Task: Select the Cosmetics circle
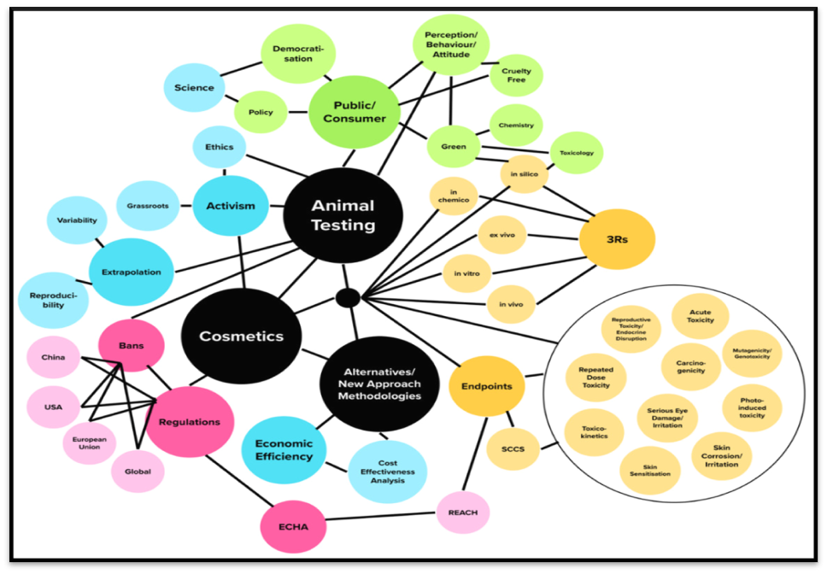(x=241, y=336)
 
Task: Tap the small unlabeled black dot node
(x=348, y=297)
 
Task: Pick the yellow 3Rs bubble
(x=616, y=239)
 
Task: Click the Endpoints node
(x=486, y=386)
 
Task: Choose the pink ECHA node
(x=292, y=526)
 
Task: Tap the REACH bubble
(x=462, y=512)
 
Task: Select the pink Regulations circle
(x=190, y=421)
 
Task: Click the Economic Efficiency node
(x=284, y=450)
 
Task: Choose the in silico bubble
(x=523, y=174)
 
